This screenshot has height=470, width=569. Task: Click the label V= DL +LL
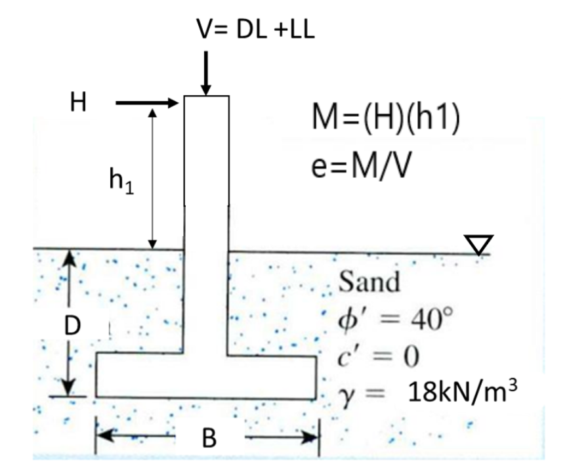257,30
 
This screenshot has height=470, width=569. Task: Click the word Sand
369,284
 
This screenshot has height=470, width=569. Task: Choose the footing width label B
208,437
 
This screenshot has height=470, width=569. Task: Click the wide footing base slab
207,376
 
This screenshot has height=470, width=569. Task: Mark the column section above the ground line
206,171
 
